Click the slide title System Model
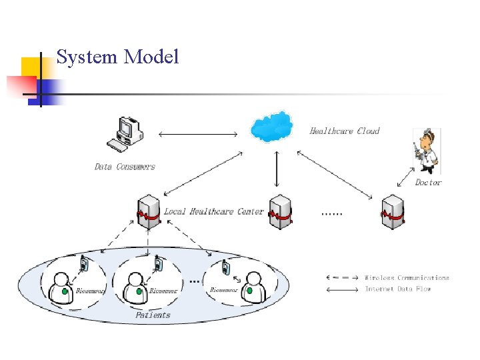[118, 57]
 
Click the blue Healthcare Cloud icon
[271, 127]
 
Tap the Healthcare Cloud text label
[345, 131]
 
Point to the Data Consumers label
[125, 167]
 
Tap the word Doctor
[428, 182]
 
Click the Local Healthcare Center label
[214, 211]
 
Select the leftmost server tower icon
[148, 213]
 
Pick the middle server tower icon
[280, 213]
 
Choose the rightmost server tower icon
[393, 213]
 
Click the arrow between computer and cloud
[198, 135]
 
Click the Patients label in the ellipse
[153, 315]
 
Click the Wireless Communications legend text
[407, 278]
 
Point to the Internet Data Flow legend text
[397, 289]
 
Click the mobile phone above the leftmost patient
[85, 265]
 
